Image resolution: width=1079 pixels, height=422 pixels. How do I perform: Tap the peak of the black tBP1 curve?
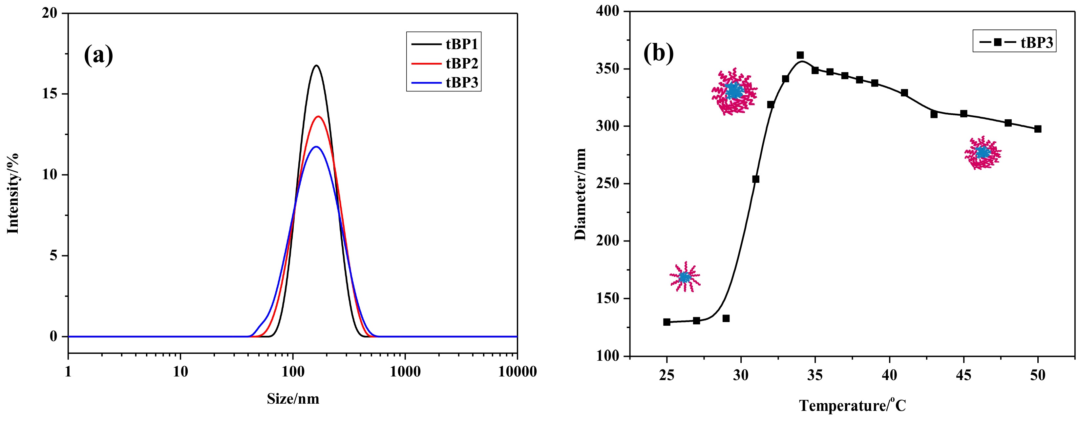point(316,65)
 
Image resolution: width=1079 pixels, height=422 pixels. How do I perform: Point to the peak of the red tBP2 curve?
point(318,116)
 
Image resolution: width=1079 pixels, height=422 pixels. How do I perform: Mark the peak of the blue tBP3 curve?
point(316,146)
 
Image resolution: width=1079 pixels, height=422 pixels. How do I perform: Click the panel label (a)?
point(98,55)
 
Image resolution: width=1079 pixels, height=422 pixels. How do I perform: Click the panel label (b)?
point(658,53)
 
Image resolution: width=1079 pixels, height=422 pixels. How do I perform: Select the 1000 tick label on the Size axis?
point(405,372)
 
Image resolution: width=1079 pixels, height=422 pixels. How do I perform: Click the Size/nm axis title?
point(293,399)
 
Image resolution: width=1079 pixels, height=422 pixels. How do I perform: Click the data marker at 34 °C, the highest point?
point(800,55)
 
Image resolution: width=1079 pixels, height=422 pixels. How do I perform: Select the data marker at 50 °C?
point(1038,129)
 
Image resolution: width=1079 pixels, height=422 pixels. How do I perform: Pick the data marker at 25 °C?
point(667,322)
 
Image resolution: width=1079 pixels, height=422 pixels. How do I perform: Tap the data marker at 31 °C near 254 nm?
point(756,179)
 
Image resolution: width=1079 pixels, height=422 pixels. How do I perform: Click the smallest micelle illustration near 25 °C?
point(685,277)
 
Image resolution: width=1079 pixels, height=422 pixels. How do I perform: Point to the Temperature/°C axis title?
point(852,405)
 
